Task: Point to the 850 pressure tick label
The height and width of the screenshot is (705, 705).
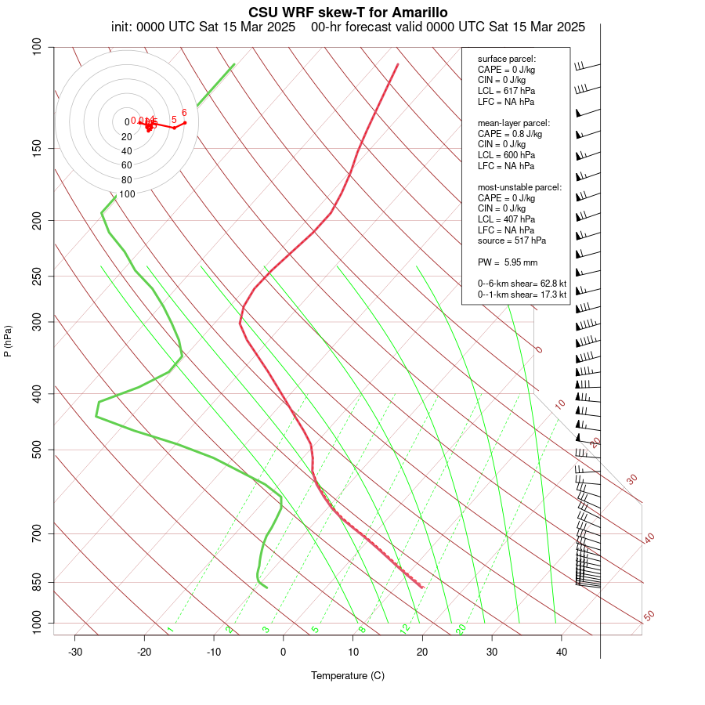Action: click(36, 582)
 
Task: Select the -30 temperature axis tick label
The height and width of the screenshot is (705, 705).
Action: click(75, 652)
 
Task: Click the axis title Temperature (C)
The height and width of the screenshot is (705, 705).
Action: click(348, 675)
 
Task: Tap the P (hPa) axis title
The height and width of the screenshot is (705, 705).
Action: click(8, 341)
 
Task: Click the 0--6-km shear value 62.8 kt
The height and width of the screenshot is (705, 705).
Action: click(548, 284)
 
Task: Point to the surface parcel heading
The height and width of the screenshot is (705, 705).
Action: click(507, 59)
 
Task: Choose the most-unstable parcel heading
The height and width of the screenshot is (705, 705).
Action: click(519, 187)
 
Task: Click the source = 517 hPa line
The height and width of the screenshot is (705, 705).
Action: click(512, 240)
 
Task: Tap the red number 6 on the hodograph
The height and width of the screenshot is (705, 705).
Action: click(184, 113)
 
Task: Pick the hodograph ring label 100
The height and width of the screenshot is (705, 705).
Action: click(127, 193)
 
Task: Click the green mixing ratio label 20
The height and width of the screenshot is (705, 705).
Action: click(461, 628)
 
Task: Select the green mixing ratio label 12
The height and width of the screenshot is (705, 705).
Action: click(405, 628)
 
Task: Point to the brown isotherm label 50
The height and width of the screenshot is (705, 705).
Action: click(649, 616)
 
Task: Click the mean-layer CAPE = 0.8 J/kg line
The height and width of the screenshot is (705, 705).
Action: click(509, 134)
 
